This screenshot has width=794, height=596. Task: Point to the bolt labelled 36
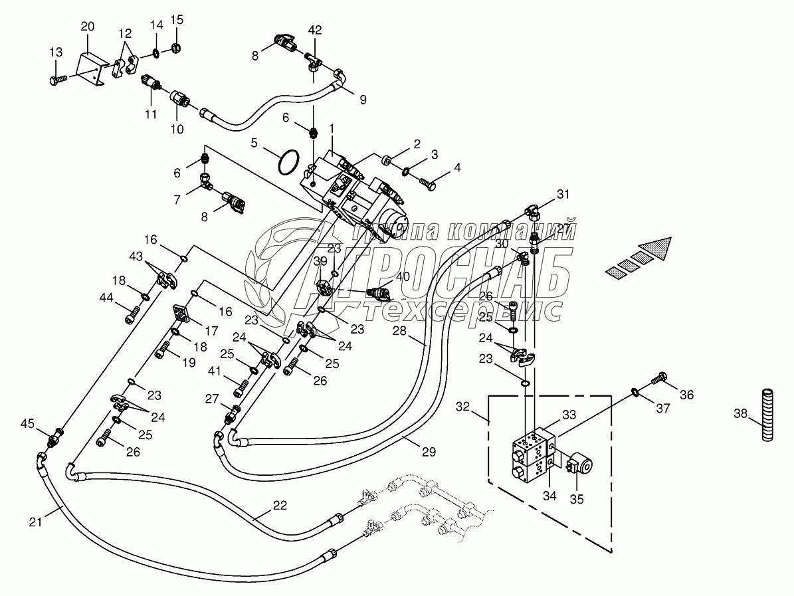[x=660, y=378]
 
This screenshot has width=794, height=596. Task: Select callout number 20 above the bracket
[x=88, y=27]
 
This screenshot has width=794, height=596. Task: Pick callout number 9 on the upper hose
[x=362, y=100]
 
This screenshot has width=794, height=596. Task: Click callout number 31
[x=563, y=194]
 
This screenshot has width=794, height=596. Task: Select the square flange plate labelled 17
[x=181, y=313]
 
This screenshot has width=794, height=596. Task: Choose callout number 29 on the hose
[x=429, y=452]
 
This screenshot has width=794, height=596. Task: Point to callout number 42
[x=315, y=30]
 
